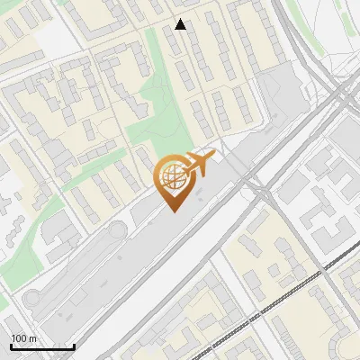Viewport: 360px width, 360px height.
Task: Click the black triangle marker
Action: point(180,24)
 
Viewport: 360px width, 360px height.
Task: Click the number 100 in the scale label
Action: point(19,338)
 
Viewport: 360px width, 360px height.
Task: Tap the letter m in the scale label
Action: point(33,338)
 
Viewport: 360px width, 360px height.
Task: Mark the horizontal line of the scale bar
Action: point(41,346)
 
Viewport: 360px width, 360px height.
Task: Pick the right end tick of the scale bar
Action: point(74,345)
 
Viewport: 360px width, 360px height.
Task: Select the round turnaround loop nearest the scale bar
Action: point(33,297)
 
